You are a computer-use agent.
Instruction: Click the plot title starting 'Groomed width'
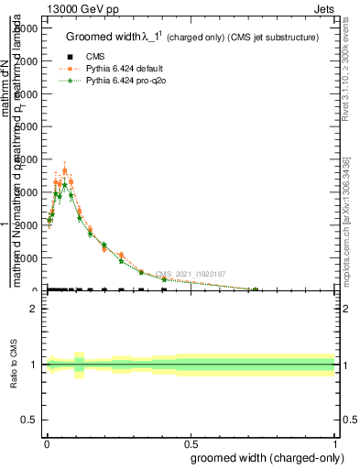coord(191,37)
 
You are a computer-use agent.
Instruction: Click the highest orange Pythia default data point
coord(64,170)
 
